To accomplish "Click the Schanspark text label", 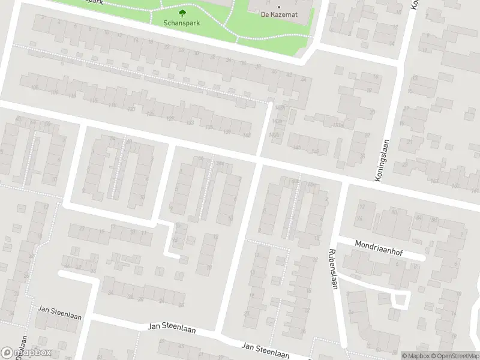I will click(182, 23).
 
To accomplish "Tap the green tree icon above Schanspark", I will click(182, 12).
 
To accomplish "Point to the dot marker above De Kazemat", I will click(278, 7).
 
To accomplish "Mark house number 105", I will click(34, 88).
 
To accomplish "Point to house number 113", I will click(73, 95).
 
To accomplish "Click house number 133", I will click(190, 122).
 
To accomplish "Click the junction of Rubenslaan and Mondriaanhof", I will click(337, 238).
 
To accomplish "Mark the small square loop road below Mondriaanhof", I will click(400, 298).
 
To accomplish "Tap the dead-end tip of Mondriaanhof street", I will click(422, 259).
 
